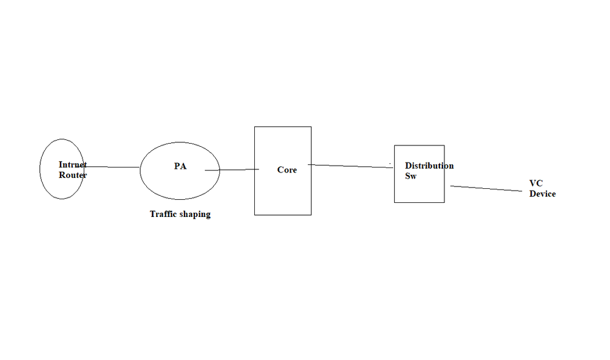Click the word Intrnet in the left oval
point(73,165)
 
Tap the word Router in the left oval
point(73,175)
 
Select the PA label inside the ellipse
point(180,166)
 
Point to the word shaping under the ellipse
point(196,215)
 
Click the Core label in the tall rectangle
point(287,170)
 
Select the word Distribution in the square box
point(429,166)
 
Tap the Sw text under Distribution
point(411,176)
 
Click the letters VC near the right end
point(536,183)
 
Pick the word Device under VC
point(543,194)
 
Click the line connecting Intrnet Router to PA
point(113,167)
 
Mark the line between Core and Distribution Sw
point(351,166)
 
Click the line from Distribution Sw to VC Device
point(489,189)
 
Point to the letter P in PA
point(177,166)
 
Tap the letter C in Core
point(281,170)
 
